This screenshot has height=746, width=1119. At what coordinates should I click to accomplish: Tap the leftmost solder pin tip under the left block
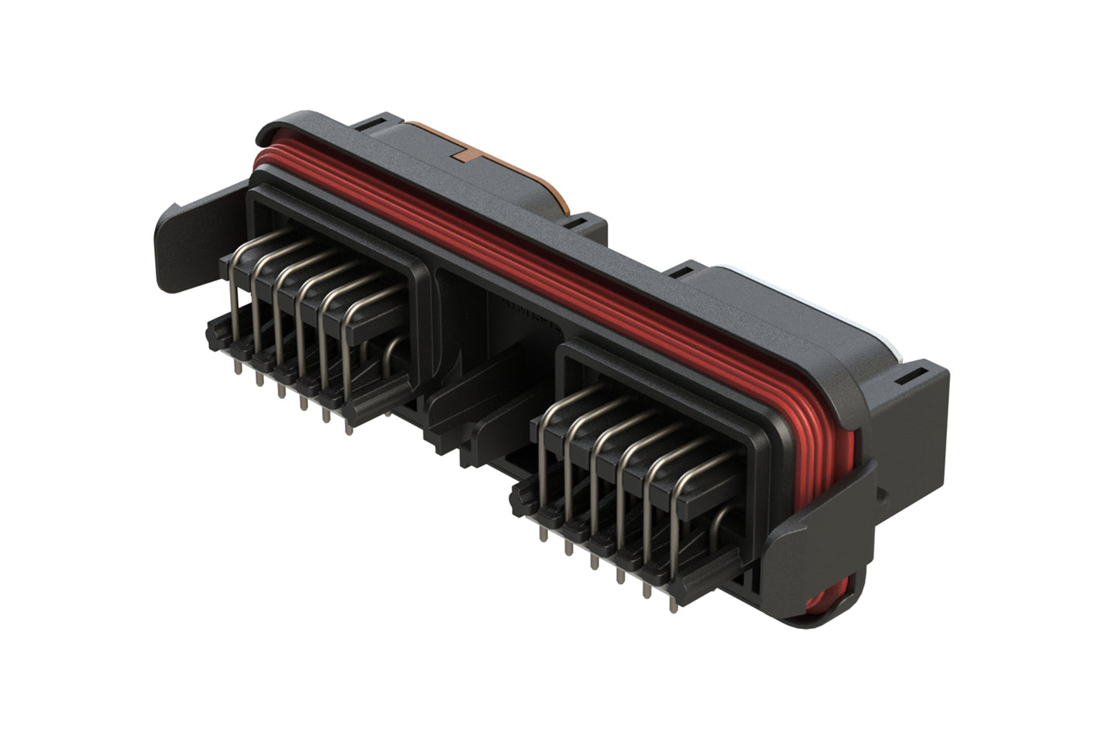click(x=237, y=358)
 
